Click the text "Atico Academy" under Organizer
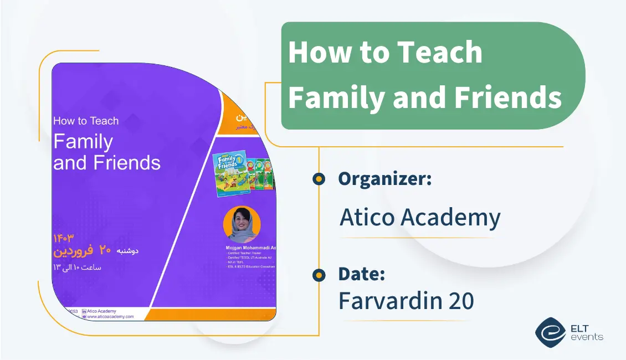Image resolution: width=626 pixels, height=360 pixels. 419,218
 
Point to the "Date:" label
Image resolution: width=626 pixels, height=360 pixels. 361,274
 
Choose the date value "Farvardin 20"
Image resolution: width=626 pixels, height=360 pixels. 406,301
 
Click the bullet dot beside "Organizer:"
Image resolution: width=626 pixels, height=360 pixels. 319,179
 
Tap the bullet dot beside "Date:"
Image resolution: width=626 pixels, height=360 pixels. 319,274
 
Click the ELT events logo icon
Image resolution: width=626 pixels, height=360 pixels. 550,332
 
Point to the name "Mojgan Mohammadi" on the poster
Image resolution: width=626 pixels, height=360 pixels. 247,247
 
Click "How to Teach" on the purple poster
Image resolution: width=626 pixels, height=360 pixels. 86,121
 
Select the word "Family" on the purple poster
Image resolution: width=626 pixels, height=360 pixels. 83,142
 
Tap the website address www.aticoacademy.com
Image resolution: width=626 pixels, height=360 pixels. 110,317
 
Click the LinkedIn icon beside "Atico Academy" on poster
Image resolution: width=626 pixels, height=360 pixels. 84,311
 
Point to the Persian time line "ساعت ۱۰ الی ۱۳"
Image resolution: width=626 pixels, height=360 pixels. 77,268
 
